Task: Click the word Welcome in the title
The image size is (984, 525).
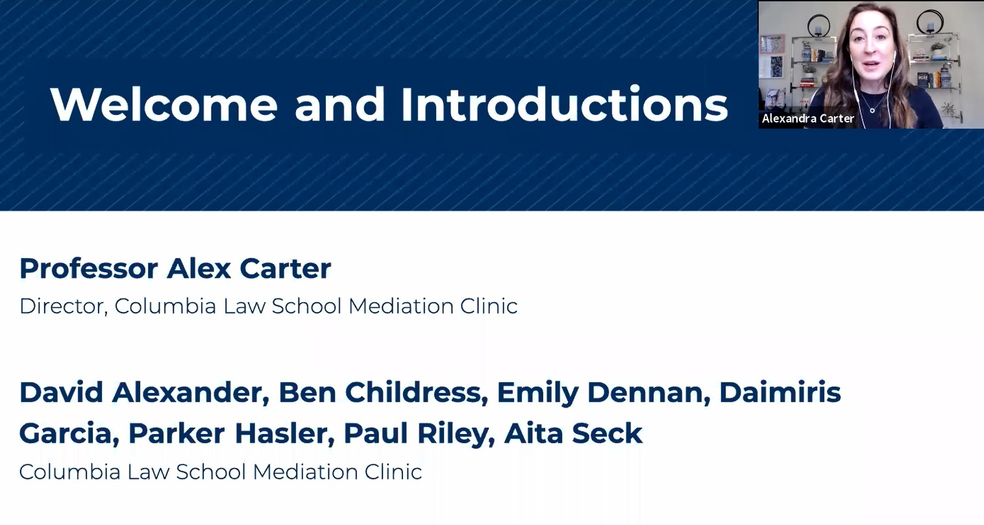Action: click(164, 104)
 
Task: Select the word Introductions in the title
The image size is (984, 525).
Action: click(565, 104)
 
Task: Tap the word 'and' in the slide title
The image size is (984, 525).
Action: click(339, 104)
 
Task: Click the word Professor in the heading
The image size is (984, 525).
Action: click(89, 268)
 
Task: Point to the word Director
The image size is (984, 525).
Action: click(64, 306)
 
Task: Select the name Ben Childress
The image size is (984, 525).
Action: click(384, 392)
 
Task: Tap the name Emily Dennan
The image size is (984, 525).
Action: click(604, 393)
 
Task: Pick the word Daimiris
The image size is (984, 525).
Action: click(780, 392)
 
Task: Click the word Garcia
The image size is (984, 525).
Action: click(69, 433)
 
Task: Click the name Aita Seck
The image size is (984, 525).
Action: click(573, 433)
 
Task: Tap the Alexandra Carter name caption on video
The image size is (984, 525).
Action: click(808, 118)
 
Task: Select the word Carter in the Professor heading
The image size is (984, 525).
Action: click(285, 268)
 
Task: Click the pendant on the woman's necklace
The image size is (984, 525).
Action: click(872, 110)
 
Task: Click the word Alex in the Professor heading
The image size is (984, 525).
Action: click(199, 268)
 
